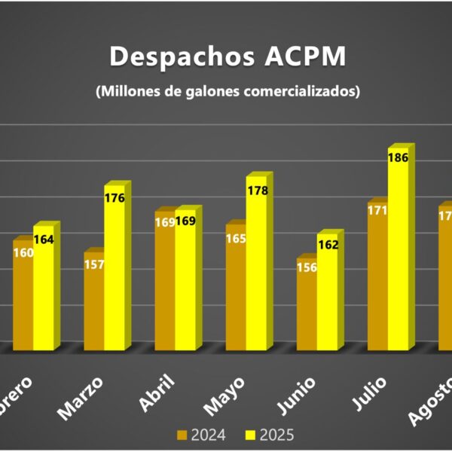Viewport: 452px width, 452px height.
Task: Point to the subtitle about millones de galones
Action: tap(228, 92)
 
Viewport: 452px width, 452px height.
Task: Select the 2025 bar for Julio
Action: tap(399, 256)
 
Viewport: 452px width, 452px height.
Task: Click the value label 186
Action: tap(399, 158)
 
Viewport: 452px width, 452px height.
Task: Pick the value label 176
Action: tap(115, 198)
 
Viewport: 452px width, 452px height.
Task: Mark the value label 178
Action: tap(257, 191)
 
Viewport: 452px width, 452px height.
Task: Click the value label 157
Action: tap(93, 264)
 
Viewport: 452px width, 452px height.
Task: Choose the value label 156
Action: tap(307, 267)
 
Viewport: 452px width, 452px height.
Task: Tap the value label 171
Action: tap(377, 210)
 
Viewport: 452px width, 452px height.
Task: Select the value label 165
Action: tap(236, 239)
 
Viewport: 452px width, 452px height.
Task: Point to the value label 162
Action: tap(328, 245)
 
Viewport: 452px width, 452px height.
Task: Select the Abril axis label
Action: tap(156, 393)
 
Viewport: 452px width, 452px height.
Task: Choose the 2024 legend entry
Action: tap(200, 435)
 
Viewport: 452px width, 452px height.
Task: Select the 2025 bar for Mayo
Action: tap(256, 271)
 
